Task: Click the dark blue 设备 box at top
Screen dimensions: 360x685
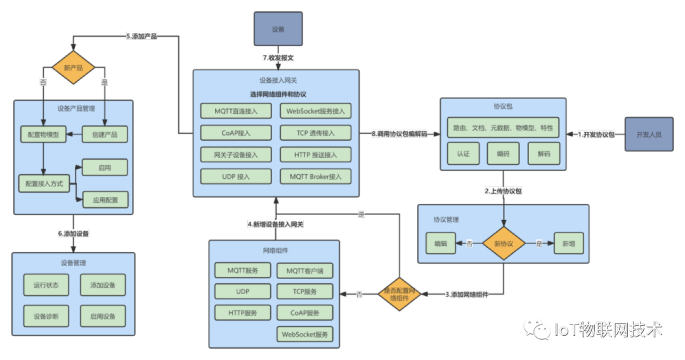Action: point(278,29)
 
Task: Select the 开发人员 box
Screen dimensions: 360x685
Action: point(648,134)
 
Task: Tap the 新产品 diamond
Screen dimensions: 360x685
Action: point(73,67)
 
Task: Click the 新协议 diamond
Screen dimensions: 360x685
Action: point(504,243)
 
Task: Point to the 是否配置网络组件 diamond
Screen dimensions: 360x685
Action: point(400,294)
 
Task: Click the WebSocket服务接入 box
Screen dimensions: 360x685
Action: point(316,111)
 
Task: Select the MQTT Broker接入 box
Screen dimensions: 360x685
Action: point(316,176)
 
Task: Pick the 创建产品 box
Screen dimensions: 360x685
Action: point(105,134)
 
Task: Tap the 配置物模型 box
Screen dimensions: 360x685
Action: point(43,134)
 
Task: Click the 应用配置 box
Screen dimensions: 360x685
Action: point(105,200)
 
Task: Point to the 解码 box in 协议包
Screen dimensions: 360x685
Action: point(544,153)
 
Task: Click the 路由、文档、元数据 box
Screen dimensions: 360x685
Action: point(503,128)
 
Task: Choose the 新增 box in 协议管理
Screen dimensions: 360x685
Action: point(569,243)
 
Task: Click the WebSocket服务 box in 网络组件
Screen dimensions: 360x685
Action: point(305,334)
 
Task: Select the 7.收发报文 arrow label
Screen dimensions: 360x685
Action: point(278,58)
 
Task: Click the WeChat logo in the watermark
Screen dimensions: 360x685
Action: point(536,329)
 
